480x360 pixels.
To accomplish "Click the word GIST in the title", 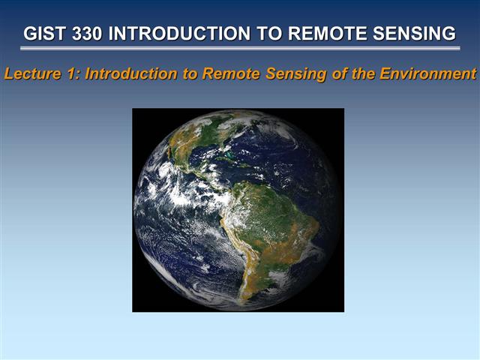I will tap(43, 34).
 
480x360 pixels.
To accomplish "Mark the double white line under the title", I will tap(240, 49).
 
